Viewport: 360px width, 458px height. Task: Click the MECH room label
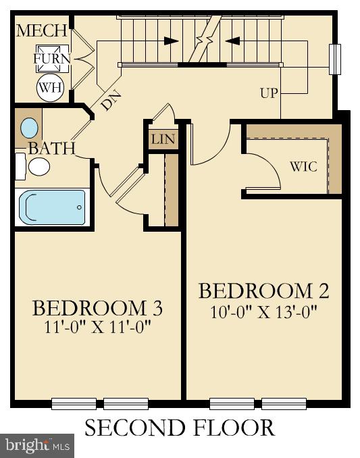pyautogui.click(x=42, y=30)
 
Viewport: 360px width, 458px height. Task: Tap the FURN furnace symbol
pyautogui.click(x=53, y=59)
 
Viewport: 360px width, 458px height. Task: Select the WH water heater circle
pyautogui.click(x=50, y=86)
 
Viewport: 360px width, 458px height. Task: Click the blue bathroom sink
pyautogui.click(x=30, y=128)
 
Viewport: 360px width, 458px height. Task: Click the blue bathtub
pyautogui.click(x=53, y=206)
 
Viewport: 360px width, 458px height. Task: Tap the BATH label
pyautogui.click(x=51, y=149)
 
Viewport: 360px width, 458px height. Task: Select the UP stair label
pyautogui.click(x=269, y=93)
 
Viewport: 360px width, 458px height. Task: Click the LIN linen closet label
pyautogui.click(x=163, y=140)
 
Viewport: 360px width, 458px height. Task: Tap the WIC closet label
pyautogui.click(x=303, y=166)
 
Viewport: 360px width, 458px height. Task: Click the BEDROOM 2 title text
pyautogui.click(x=263, y=291)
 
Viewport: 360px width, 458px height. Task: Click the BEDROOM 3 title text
pyautogui.click(x=98, y=308)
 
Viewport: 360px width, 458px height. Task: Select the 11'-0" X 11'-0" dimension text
pyautogui.click(x=98, y=328)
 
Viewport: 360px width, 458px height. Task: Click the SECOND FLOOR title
pyautogui.click(x=180, y=428)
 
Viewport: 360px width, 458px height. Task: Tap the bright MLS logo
pyautogui.click(x=38, y=445)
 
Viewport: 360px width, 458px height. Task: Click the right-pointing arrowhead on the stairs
pyautogui.click(x=172, y=41)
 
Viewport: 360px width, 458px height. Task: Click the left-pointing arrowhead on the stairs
pyautogui.click(x=232, y=41)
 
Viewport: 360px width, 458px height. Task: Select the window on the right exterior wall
pyautogui.click(x=332, y=59)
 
